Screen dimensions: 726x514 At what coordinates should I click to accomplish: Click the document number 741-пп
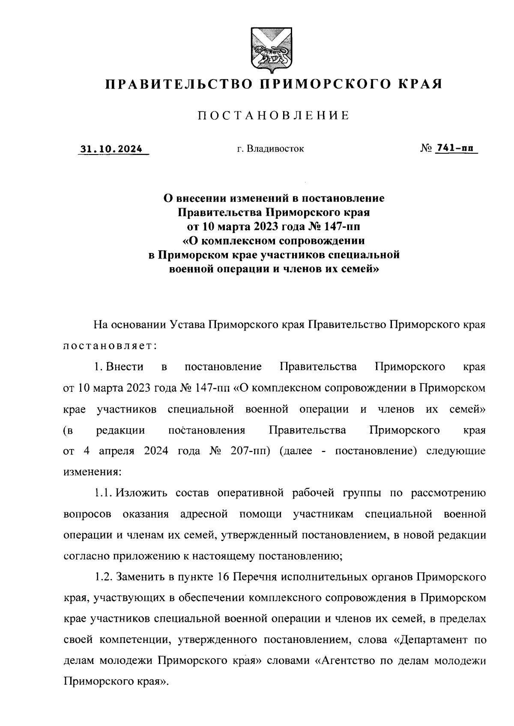pos(455,149)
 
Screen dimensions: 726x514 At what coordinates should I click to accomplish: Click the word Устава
pos(185,324)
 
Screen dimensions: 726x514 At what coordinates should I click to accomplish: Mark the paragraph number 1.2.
pos(103,577)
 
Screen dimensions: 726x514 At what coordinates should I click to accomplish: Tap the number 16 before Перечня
pos(225,577)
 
